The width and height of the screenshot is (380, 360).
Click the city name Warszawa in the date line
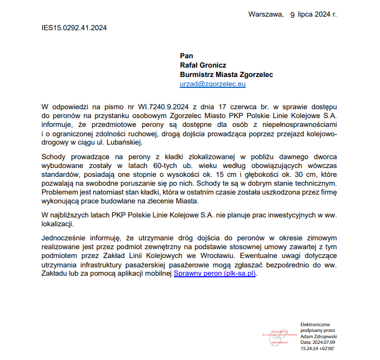tap(265, 14)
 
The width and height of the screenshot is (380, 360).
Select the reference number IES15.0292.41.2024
tap(74, 28)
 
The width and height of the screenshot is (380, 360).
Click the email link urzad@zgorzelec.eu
tap(212, 84)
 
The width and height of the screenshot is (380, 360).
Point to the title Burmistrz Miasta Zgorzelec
tap(226, 74)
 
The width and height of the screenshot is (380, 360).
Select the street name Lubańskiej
tap(122, 143)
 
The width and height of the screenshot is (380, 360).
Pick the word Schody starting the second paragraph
tap(54, 157)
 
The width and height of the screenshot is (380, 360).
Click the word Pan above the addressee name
tap(186, 56)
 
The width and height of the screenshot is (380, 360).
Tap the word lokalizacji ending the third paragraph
tap(57, 224)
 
